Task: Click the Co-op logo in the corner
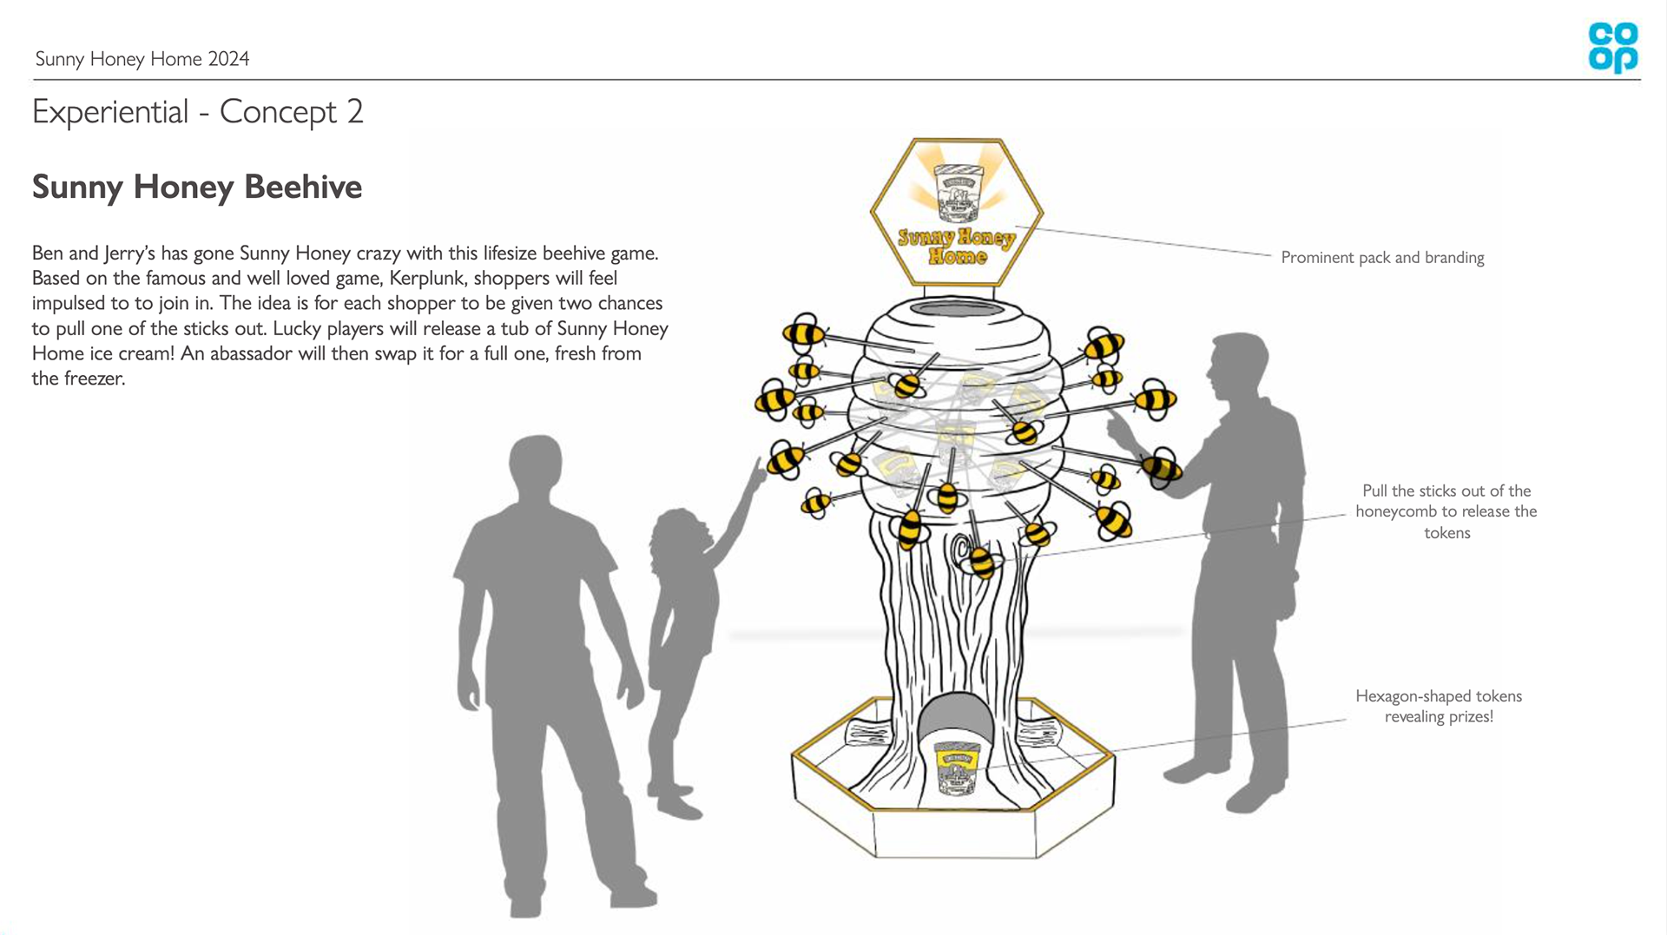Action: click(1612, 48)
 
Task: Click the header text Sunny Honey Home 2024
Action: click(142, 59)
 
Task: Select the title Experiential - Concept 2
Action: click(197, 112)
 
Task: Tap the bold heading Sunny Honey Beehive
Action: click(197, 187)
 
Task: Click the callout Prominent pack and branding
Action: click(1382, 258)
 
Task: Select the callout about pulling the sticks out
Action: click(1446, 511)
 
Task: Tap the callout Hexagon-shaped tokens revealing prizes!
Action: click(1438, 706)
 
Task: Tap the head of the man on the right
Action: click(1239, 365)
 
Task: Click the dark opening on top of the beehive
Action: click(956, 309)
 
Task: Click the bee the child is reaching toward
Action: click(787, 458)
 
